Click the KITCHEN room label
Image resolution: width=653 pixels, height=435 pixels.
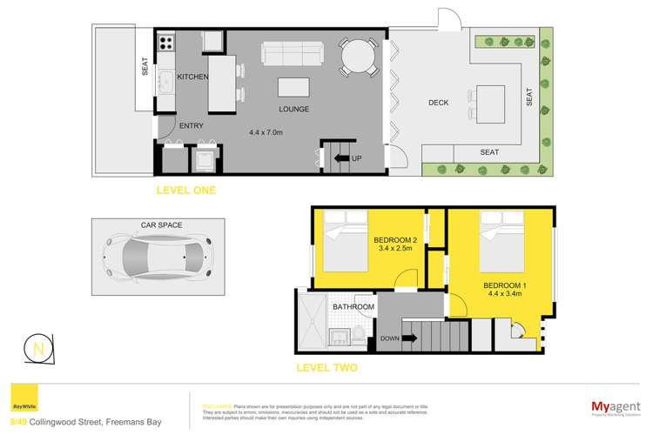point(192,77)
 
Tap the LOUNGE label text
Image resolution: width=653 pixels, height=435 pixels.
point(294,110)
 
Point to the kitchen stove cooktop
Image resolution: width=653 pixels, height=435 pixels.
point(165,42)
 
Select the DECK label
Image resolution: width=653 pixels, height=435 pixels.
point(439,103)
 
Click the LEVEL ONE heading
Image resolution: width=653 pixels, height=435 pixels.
point(186,190)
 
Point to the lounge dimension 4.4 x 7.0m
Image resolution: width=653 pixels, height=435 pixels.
point(266,132)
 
